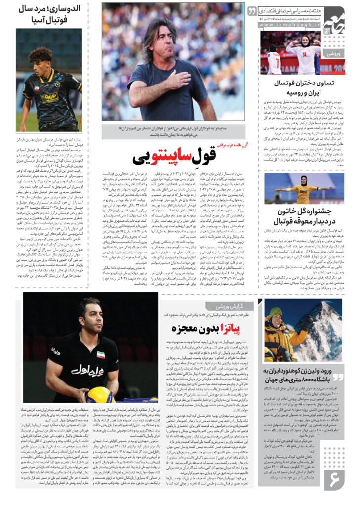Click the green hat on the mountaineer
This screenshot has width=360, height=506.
pos(276,313)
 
